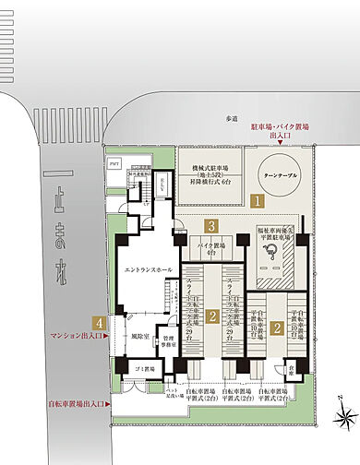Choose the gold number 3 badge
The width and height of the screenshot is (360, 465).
click(x=211, y=225)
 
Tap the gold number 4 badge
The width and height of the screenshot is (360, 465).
click(x=98, y=323)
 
